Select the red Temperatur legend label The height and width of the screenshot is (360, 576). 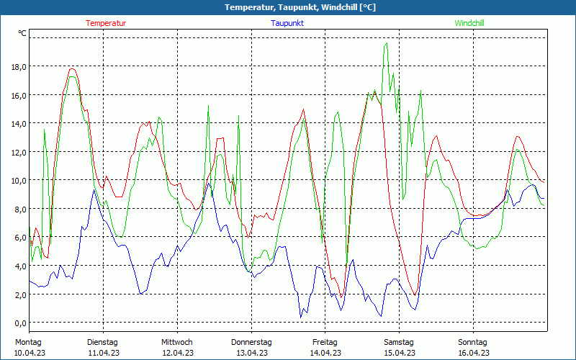tap(106, 23)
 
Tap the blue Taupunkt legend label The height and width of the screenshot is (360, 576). tap(287, 23)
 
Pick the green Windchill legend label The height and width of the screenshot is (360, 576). tap(469, 23)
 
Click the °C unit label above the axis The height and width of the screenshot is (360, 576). tap(22, 33)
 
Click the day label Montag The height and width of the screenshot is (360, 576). tap(28, 342)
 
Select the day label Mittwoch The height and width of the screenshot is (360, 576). tap(177, 342)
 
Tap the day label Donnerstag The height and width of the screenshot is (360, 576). tap(251, 342)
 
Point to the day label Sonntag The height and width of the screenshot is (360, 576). tap(473, 342)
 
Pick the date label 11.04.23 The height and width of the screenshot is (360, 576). tap(103, 353)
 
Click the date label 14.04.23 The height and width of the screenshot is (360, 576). tap(325, 353)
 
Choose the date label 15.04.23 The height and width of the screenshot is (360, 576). tap(399, 353)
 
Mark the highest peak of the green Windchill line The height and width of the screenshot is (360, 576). tap(387, 43)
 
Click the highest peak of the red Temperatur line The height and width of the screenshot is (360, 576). tap(72, 69)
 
